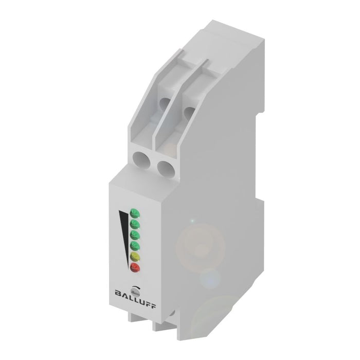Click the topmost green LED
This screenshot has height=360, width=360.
[x=135, y=211]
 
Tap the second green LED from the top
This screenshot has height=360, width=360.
[x=135, y=223]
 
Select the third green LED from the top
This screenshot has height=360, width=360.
[x=135, y=235]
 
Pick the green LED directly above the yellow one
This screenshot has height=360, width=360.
[x=135, y=245]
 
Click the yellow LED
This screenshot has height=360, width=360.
[x=135, y=256]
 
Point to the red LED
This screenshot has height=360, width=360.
[x=135, y=267]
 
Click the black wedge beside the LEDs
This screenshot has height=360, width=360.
[x=123, y=231]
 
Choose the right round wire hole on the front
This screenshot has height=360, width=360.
[x=165, y=167]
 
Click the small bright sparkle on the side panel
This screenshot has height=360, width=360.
[x=193, y=221]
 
